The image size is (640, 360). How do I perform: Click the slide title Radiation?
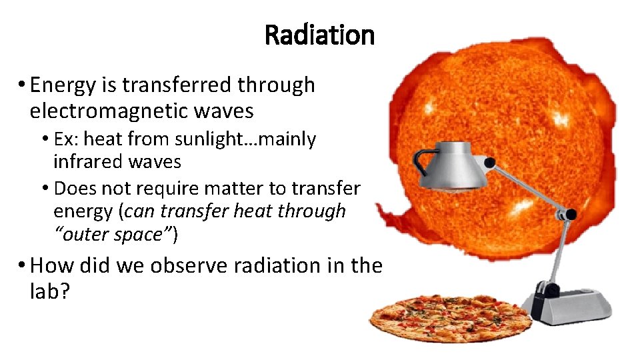point(319,35)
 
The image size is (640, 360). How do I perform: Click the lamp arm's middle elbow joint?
point(569,215)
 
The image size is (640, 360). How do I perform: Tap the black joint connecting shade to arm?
point(489,163)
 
